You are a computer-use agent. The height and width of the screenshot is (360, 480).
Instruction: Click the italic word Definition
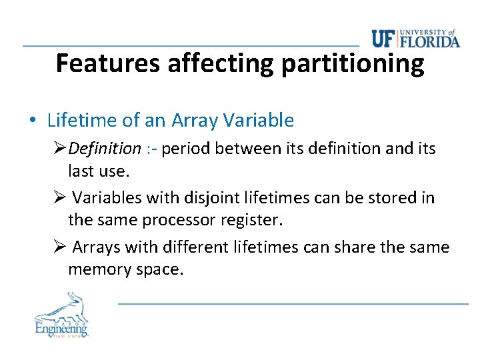[105, 148]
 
